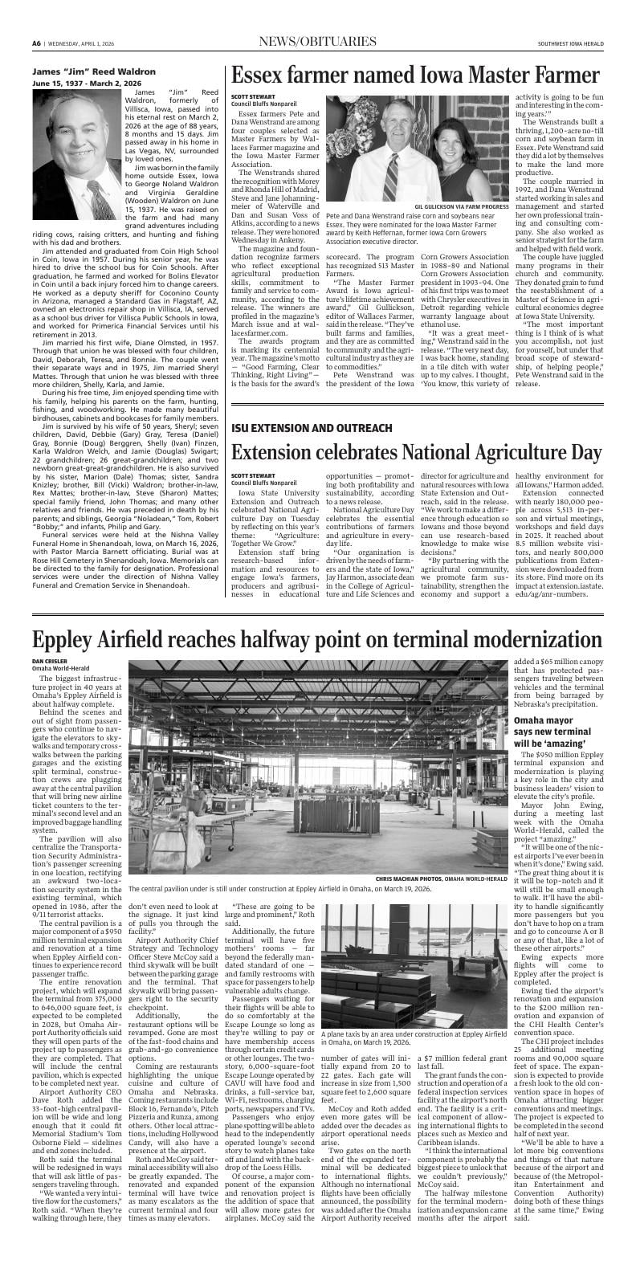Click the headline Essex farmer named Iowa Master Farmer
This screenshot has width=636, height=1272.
[x=414, y=75]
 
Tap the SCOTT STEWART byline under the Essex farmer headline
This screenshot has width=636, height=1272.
[x=251, y=97]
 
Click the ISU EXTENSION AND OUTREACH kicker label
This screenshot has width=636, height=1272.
[x=312, y=428]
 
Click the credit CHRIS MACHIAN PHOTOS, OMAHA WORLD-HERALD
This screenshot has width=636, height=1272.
[x=441, y=879]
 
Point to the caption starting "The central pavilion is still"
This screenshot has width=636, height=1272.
[x=280, y=890]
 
